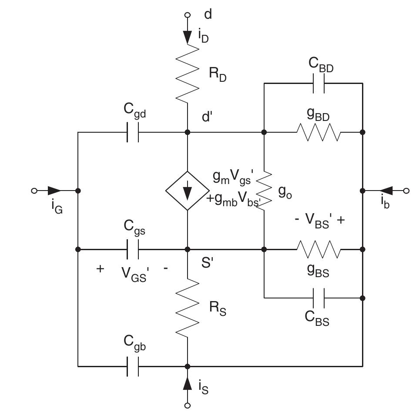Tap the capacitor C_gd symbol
tap(133, 132)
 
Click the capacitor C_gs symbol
tap(133, 249)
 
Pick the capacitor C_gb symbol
tap(133, 366)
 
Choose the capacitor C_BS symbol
tap(318, 298)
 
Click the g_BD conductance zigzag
tap(318, 132)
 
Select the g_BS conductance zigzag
tap(318, 249)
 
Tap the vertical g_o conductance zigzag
tap(264, 191)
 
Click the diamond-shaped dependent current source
tap(188, 191)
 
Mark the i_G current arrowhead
tap(54, 191)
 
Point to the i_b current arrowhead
tap(386, 191)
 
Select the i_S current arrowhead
tap(188, 384)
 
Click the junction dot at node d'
tap(188, 132)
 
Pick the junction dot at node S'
tap(188, 249)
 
